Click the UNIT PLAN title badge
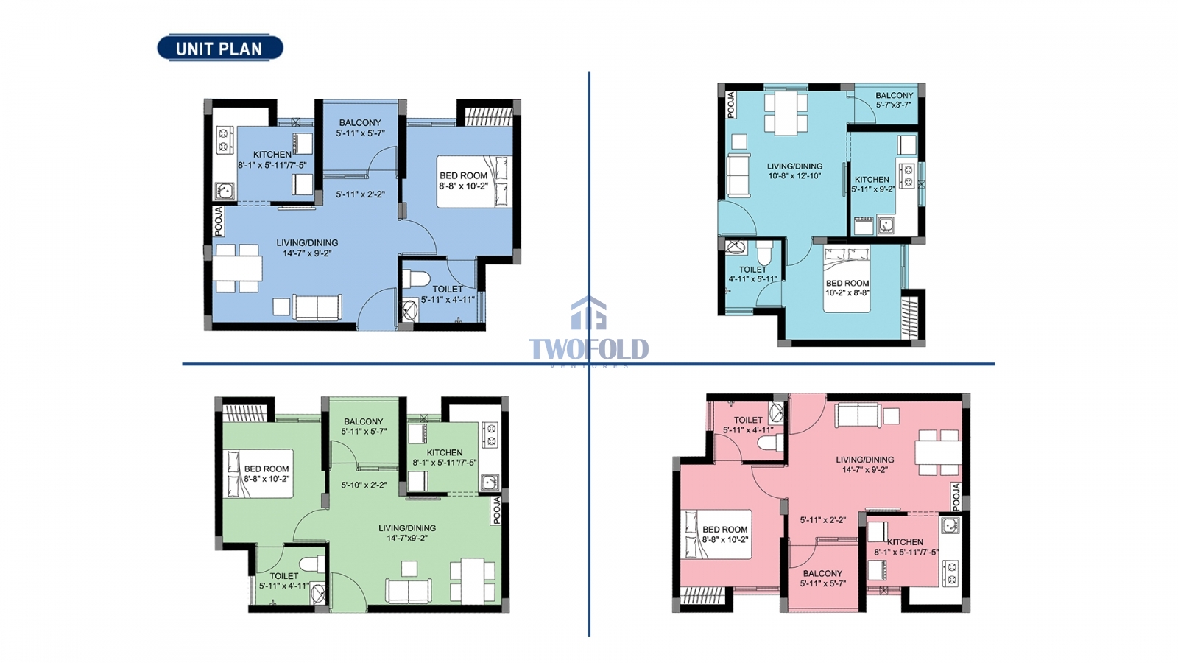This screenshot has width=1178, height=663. pos(220,48)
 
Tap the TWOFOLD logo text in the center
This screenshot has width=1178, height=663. pos(588,349)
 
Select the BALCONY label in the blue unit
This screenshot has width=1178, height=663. pos(360,122)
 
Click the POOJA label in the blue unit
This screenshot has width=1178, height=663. pos(219,221)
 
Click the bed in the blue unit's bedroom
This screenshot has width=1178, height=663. pos(474,181)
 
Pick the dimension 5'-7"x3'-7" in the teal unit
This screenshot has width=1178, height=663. pos(894,105)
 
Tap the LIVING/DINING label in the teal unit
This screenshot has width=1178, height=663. pos(794,166)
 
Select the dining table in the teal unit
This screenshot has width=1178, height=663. pos(786,113)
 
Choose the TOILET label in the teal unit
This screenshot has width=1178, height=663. pos(752,270)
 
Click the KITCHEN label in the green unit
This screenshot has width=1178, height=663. pos(445,452)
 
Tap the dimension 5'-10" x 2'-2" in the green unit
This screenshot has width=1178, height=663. pos(364,485)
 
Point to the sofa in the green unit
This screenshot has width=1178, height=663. pos(409,591)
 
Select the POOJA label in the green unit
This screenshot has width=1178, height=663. pos(496,510)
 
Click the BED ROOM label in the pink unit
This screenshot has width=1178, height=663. pos(724,530)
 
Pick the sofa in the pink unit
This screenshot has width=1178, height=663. pos(858,415)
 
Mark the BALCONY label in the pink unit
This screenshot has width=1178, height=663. pos(822,573)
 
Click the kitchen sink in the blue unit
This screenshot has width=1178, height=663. pos(225,190)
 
